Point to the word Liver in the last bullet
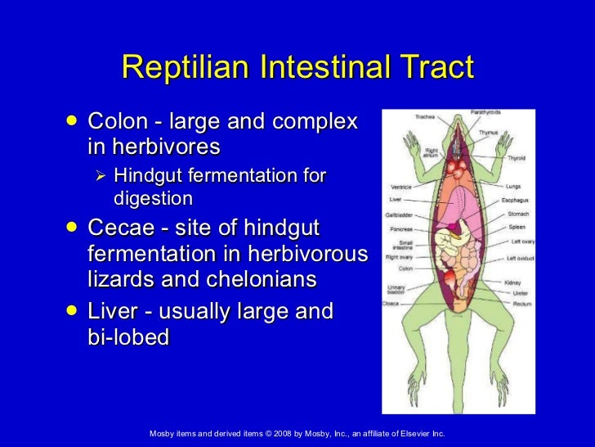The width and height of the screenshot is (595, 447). (x=114, y=312)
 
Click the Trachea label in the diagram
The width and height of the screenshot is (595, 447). (x=425, y=117)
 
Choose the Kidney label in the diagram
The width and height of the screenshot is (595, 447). (x=512, y=282)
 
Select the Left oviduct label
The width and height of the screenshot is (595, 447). (x=521, y=259)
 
